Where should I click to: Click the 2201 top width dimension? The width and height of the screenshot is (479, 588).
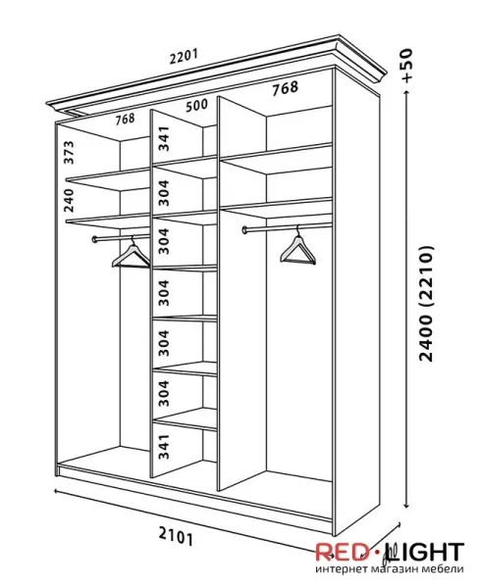click(x=184, y=56)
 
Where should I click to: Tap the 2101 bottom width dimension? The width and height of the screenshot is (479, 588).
click(x=176, y=536)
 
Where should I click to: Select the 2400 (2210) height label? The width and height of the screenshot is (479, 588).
click(x=426, y=304)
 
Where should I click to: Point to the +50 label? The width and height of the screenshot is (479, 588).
click(x=406, y=66)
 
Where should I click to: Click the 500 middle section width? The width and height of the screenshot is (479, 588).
click(x=197, y=106)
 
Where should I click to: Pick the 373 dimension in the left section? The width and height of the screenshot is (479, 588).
click(x=69, y=152)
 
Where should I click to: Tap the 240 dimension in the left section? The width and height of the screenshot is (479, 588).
click(x=69, y=200)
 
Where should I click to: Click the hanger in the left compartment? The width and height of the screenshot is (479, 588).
click(x=132, y=254)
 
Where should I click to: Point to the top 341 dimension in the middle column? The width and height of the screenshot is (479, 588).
click(x=164, y=139)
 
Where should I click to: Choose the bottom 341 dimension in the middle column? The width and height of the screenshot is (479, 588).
click(x=164, y=447)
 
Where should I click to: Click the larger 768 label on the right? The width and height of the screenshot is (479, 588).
click(x=286, y=88)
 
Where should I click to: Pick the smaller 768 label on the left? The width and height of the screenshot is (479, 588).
click(x=125, y=120)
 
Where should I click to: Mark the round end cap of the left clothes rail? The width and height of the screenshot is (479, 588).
click(x=94, y=239)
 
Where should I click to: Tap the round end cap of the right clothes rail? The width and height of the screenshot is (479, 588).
click(x=245, y=229)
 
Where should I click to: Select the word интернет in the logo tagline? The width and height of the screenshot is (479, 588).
click(x=340, y=568)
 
